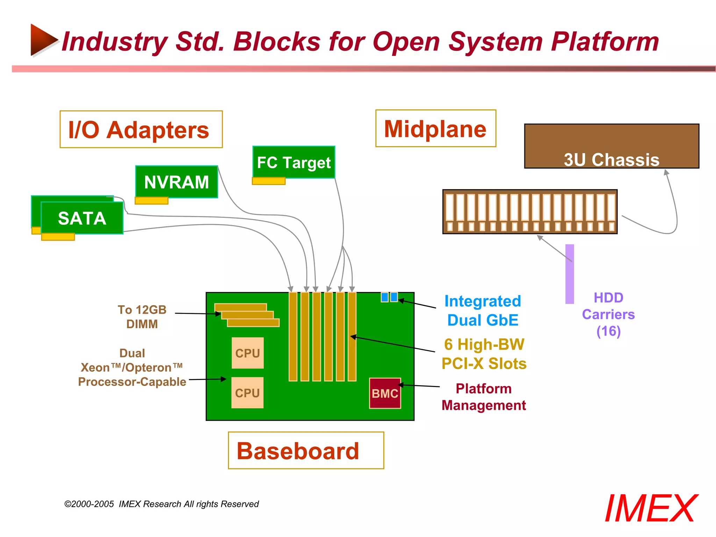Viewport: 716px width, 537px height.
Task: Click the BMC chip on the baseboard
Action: click(385, 393)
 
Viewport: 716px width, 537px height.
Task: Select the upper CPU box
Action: click(248, 353)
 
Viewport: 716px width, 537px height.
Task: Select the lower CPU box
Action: click(247, 393)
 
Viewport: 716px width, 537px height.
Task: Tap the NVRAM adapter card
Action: click(177, 182)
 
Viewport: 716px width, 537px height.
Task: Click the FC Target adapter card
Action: click(294, 162)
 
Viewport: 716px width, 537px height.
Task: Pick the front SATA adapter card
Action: click(82, 218)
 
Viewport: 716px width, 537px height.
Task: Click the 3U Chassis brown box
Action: click(611, 146)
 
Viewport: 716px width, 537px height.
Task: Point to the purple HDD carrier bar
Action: click(570, 274)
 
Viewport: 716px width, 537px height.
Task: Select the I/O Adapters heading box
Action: click(141, 129)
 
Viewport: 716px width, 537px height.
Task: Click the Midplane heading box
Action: click(436, 128)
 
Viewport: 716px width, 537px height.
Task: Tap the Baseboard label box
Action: click(306, 450)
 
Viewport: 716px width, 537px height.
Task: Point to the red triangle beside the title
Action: click(43, 40)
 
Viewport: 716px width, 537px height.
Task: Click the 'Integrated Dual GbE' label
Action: click(483, 310)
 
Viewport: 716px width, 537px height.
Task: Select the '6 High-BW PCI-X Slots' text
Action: click(484, 354)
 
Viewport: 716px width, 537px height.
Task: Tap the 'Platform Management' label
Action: click(484, 397)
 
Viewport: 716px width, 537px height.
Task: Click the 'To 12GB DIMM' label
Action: click(142, 317)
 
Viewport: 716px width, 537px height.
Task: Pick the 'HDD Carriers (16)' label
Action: click(608, 314)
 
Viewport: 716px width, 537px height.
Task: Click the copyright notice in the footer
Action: click(162, 504)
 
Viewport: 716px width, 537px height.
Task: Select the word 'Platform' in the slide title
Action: click(605, 42)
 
